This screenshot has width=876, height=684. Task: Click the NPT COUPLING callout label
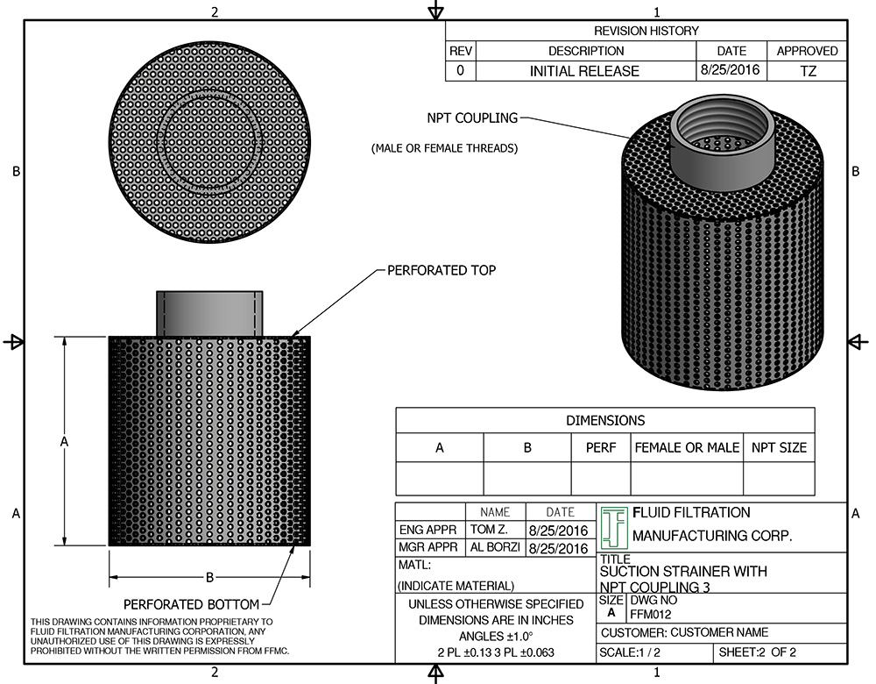(x=472, y=118)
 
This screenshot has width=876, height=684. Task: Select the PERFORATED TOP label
(x=442, y=270)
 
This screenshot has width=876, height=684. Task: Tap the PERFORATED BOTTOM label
(x=191, y=604)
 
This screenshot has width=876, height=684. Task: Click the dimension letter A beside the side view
(x=64, y=443)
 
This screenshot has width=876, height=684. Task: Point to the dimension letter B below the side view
(x=209, y=577)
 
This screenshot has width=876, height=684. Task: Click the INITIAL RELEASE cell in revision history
(x=584, y=71)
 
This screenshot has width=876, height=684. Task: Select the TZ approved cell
(x=808, y=71)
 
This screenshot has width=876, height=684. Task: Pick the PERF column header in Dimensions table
(x=600, y=447)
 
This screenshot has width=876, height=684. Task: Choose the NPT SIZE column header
(x=779, y=447)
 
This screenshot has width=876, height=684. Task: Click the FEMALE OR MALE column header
(x=687, y=447)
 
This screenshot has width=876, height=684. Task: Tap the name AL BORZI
(x=495, y=548)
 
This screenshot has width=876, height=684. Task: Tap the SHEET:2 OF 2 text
(x=759, y=653)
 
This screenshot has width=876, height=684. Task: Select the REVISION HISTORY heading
(x=646, y=31)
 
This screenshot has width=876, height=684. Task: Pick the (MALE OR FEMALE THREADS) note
(x=444, y=148)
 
